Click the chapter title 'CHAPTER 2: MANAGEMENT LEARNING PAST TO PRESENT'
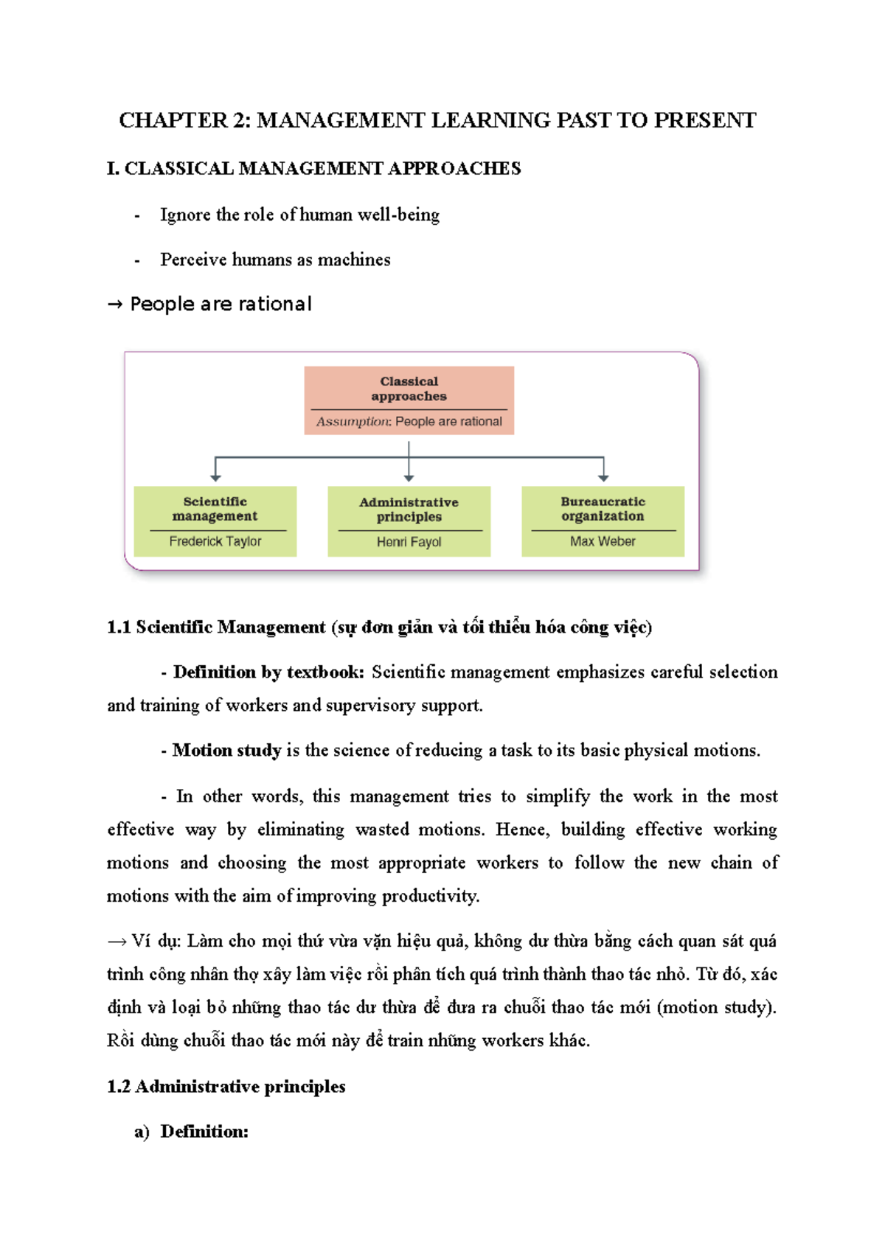[437, 120]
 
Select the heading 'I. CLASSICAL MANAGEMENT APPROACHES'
[313, 169]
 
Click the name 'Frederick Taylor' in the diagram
[215, 541]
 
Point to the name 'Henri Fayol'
[409, 542]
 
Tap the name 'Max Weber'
[603, 541]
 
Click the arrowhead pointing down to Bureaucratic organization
[603, 478]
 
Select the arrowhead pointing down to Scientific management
[215, 478]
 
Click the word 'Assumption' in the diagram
[353, 422]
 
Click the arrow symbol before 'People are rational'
[114, 305]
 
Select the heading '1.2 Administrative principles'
[226, 1086]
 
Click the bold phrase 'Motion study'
[226, 751]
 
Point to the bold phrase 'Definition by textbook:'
[268, 672]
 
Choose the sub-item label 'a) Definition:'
[191, 1131]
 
